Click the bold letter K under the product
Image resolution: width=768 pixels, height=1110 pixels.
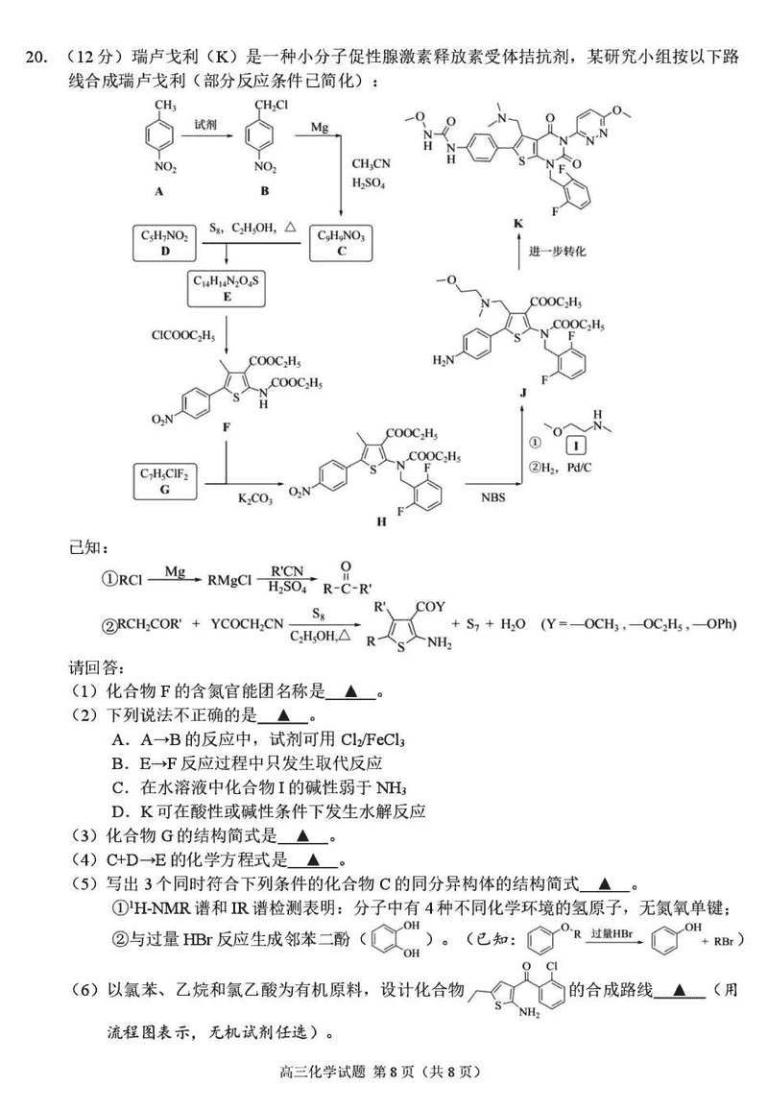(x=518, y=223)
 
